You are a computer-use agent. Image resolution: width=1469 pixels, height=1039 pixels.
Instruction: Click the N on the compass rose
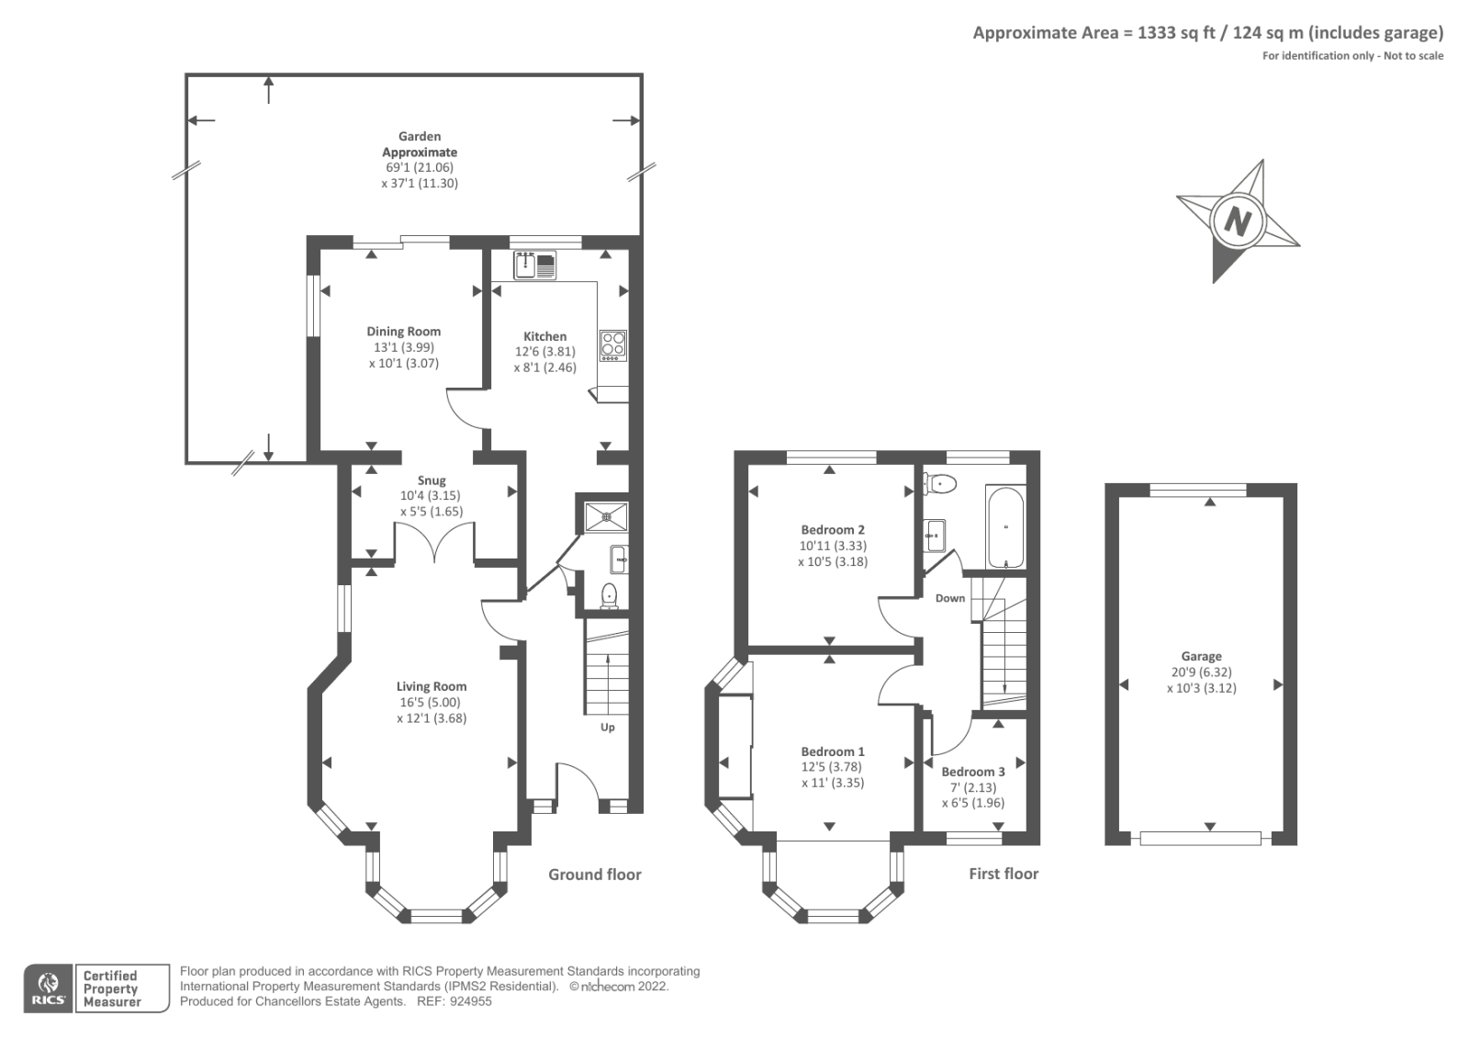click(1239, 221)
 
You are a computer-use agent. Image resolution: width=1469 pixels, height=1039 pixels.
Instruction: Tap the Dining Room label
click(403, 332)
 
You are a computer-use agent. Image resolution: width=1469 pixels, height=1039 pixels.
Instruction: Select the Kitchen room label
click(544, 336)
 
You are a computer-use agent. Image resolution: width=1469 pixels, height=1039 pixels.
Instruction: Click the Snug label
click(432, 480)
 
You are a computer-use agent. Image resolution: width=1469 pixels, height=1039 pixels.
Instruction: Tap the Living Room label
click(432, 686)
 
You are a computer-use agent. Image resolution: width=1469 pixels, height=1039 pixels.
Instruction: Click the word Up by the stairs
click(608, 728)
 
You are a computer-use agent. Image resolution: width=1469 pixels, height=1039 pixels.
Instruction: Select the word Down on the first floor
click(950, 598)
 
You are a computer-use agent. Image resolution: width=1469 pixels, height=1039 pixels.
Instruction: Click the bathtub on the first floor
click(1006, 527)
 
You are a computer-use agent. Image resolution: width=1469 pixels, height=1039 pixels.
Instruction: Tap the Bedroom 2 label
click(833, 530)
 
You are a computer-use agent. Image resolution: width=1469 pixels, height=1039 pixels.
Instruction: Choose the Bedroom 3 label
click(972, 772)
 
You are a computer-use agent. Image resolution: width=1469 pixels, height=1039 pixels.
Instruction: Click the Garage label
click(1201, 657)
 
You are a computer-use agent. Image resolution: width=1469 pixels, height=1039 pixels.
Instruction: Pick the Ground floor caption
click(594, 875)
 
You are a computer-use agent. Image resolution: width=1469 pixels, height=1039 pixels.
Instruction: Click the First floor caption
click(1004, 875)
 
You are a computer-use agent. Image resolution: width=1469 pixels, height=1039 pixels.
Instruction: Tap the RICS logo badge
click(49, 988)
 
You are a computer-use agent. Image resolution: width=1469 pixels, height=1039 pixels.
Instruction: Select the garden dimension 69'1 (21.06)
click(420, 168)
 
